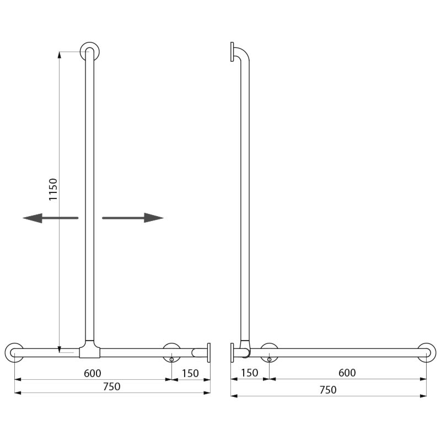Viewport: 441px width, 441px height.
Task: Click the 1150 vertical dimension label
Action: pyautogui.click(x=53, y=189)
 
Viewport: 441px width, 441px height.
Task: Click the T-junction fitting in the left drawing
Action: pyautogui.click(x=89, y=350)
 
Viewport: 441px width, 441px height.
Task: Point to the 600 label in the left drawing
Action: pyautogui.click(x=92, y=373)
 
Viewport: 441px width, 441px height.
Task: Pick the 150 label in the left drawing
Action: pyautogui.click(x=190, y=373)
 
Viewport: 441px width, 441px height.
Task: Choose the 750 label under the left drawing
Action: pyautogui.click(x=111, y=386)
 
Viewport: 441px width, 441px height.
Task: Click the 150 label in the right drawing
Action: pyautogui.click(x=249, y=373)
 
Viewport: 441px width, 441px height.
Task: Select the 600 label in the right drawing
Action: pyautogui.click(x=347, y=373)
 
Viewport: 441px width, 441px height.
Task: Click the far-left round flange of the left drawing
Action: pyautogui.click(x=14, y=352)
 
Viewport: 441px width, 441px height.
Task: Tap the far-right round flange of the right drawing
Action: pyautogui.click(x=426, y=352)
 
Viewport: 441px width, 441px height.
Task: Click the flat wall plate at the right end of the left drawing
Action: pyautogui.click(x=208, y=352)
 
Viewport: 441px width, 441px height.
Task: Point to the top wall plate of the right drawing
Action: pyautogui.click(x=233, y=52)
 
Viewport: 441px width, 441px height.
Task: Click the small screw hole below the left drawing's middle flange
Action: pyautogui.click(x=172, y=360)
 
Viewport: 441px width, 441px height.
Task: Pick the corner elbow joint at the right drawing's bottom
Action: pyautogui.click(x=244, y=349)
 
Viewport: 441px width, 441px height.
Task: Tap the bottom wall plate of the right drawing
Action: pyautogui.click(x=233, y=352)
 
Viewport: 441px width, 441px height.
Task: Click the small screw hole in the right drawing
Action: pyautogui.click(x=268, y=360)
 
